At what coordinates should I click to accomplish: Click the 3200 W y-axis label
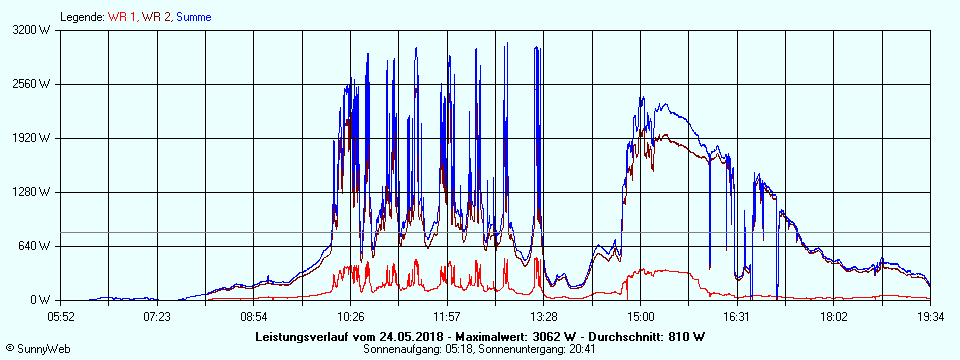(32, 30)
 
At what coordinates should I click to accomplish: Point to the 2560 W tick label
(32, 84)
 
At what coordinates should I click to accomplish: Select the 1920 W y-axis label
(32, 138)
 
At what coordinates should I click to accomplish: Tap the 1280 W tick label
(32, 192)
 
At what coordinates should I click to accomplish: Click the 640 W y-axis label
(35, 246)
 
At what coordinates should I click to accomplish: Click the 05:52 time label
(61, 316)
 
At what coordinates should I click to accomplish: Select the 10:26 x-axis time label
(351, 316)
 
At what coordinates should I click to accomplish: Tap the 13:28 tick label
(544, 316)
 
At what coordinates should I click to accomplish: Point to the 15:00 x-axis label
(641, 316)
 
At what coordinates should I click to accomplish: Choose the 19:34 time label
(930, 316)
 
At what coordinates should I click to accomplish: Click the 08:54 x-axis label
(254, 316)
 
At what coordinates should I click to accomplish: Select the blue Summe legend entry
(191, 17)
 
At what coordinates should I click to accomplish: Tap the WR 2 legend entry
(155, 17)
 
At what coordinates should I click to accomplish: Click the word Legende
(81, 17)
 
